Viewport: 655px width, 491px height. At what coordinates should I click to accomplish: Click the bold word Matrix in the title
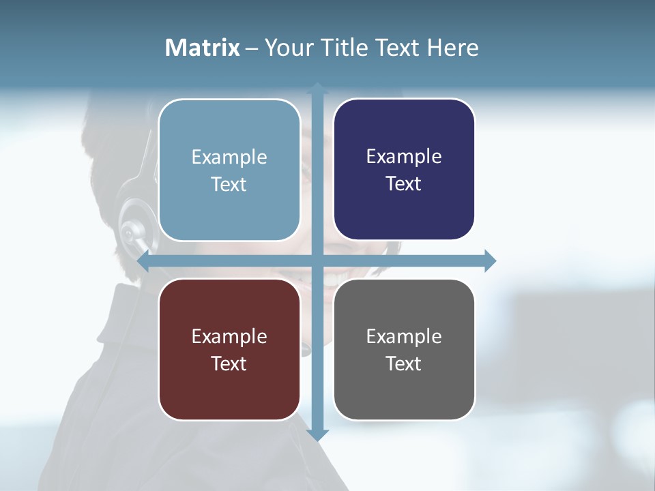coord(203,48)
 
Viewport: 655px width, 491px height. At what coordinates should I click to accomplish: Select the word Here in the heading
coord(452,48)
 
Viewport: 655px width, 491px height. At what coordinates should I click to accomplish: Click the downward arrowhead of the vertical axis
coord(317,434)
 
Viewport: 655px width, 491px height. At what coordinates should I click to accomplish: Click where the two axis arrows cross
coord(317,261)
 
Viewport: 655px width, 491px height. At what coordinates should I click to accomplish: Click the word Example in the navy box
coord(404,156)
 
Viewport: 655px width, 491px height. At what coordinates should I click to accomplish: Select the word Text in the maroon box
coord(229,363)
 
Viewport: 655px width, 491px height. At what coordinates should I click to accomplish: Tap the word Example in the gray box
coord(404,336)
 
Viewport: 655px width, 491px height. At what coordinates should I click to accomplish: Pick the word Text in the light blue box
coord(229,184)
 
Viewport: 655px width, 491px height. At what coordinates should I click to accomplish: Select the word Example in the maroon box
coord(229,336)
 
